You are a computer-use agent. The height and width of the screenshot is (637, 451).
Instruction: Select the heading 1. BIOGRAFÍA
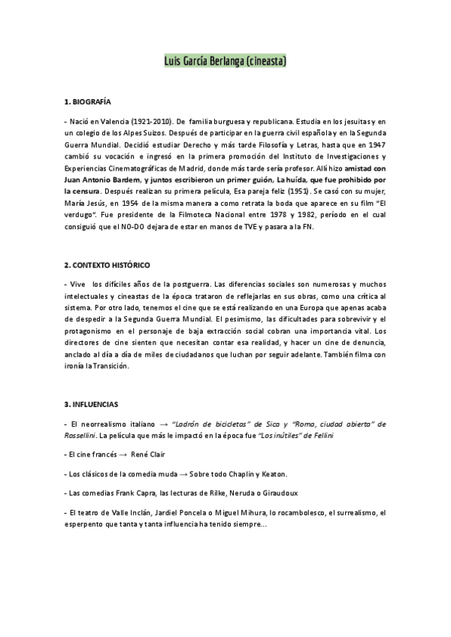(x=88, y=100)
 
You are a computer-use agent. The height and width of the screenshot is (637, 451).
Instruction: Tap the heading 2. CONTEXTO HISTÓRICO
(x=107, y=265)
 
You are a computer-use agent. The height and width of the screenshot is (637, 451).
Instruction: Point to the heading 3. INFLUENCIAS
(x=91, y=404)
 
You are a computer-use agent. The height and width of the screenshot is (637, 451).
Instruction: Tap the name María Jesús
(x=83, y=203)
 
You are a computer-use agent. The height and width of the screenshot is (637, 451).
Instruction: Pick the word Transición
(x=110, y=366)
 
